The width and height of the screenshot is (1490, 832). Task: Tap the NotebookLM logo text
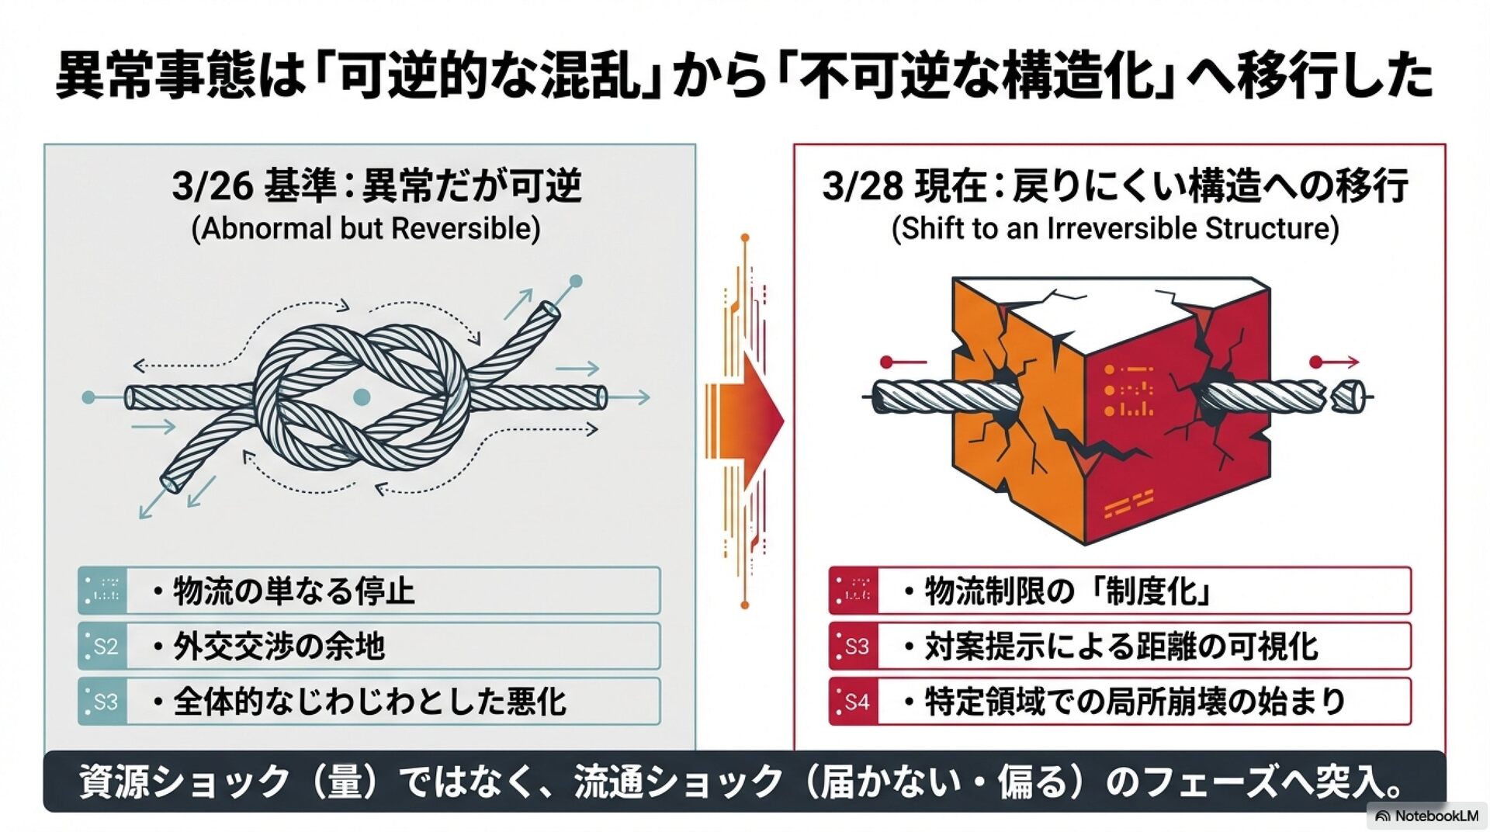[x=1436, y=816]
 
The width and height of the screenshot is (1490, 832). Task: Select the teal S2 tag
[x=104, y=647]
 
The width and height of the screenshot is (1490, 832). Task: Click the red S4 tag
[x=854, y=702]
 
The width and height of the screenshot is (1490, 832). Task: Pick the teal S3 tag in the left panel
[x=104, y=702]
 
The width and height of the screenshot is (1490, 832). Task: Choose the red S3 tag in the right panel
[x=854, y=647]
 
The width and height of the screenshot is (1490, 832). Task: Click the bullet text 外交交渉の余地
[x=279, y=647]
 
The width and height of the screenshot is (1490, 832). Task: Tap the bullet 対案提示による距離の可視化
[x=1121, y=647]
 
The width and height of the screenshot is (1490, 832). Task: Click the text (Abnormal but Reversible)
[x=366, y=229]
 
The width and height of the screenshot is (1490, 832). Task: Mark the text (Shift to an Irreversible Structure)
[x=1115, y=229]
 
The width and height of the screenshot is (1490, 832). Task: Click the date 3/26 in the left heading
[x=212, y=186]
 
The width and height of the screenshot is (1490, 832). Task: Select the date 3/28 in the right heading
[x=862, y=186]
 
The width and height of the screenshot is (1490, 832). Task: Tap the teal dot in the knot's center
[x=362, y=397]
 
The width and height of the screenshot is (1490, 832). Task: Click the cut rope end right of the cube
[x=1349, y=397]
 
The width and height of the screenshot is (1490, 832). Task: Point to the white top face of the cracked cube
[x=1110, y=307]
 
